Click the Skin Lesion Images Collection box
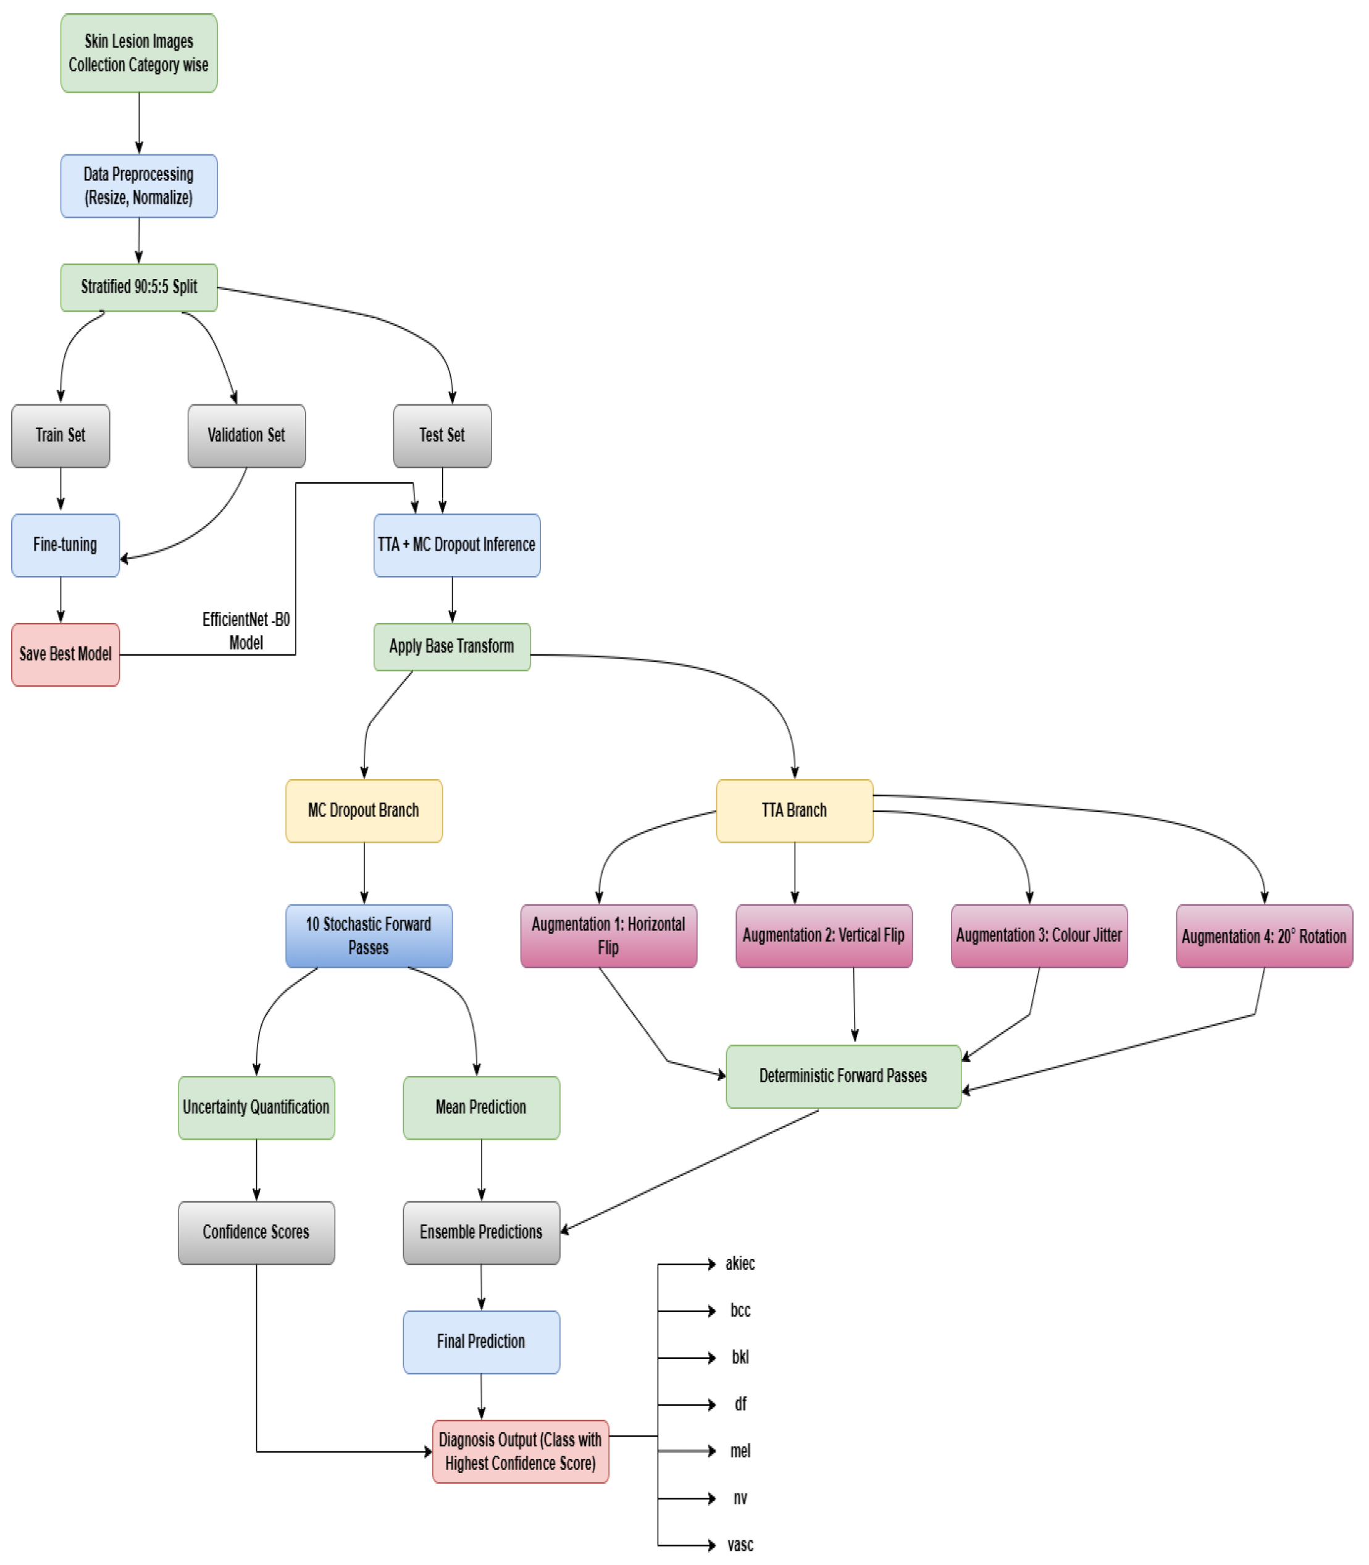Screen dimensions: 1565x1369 pyautogui.click(x=138, y=52)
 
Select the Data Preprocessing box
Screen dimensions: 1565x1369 pyautogui.click(x=138, y=186)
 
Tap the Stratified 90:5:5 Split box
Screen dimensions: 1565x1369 pyautogui.click(x=138, y=287)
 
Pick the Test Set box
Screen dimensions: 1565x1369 pyautogui.click(x=442, y=435)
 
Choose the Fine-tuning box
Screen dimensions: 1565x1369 pyautogui.click(x=65, y=545)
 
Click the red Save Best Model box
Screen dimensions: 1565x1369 pyautogui.click(x=65, y=654)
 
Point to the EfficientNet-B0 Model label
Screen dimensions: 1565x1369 pyautogui.click(x=245, y=630)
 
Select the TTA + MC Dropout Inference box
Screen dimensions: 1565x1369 pyautogui.click(x=456, y=545)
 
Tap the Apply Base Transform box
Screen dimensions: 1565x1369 pyautogui.click(x=451, y=646)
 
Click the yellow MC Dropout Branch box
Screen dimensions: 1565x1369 pyautogui.click(x=364, y=811)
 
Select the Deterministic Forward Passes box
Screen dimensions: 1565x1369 pyautogui.click(x=843, y=1076)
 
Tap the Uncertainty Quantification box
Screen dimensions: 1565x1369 pyautogui.click(x=256, y=1108)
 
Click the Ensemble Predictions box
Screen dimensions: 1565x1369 pyautogui.click(x=480, y=1232)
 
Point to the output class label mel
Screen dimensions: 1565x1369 pyautogui.click(x=740, y=1450)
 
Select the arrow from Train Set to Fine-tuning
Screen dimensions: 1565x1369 pyautogui.click(x=61, y=490)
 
